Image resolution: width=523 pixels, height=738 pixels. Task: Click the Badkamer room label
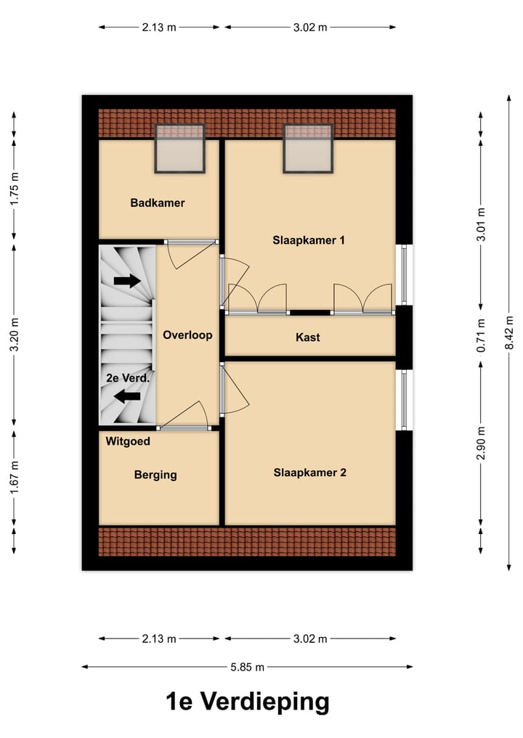click(x=158, y=203)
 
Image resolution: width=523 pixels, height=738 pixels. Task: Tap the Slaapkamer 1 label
click(x=309, y=239)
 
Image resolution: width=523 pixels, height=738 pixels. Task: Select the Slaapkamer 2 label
click(x=310, y=472)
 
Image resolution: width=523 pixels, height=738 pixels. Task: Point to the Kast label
click(x=308, y=337)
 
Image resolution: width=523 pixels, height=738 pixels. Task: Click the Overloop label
click(x=187, y=335)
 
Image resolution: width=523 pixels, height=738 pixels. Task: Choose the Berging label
click(x=155, y=475)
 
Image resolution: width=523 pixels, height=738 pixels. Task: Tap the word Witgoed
click(x=128, y=441)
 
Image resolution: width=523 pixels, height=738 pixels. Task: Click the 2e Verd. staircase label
click(x=128, y=378)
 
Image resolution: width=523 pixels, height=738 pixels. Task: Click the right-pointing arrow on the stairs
click(x=127, y=281)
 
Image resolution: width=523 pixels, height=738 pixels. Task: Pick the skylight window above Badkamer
click(x=180, y=148)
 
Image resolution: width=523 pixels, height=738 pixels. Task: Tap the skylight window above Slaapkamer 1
click(x=308, y=148)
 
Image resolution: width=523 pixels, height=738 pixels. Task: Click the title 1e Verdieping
click(x=247, y=702)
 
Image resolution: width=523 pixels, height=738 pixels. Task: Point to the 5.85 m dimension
click(x=247, y=666)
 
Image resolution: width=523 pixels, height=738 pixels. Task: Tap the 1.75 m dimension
click(x=15, y=189)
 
